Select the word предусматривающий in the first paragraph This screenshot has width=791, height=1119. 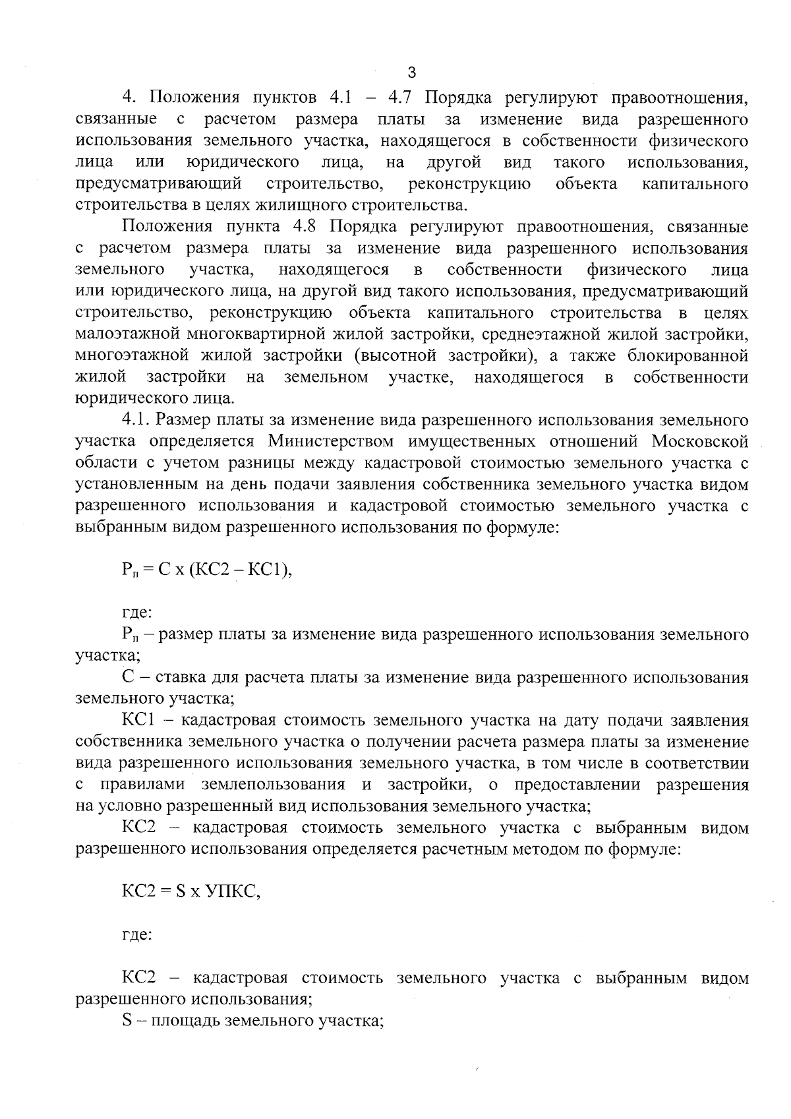pos(158,184)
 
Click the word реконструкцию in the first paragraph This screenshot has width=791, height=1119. pos(469,184)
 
